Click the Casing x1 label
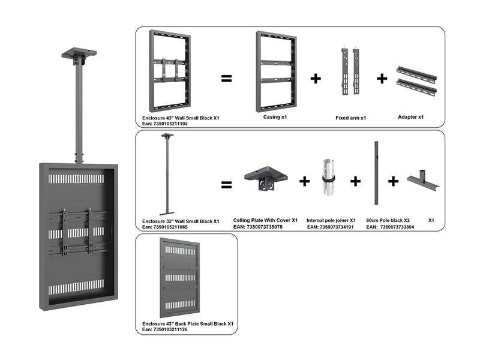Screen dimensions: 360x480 pos(275,117)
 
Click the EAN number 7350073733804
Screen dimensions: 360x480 pos(397,227)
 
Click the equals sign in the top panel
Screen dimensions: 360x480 pos(226,78)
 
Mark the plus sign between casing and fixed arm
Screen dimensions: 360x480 pos(316,78)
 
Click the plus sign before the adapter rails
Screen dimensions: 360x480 pos(382,78)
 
